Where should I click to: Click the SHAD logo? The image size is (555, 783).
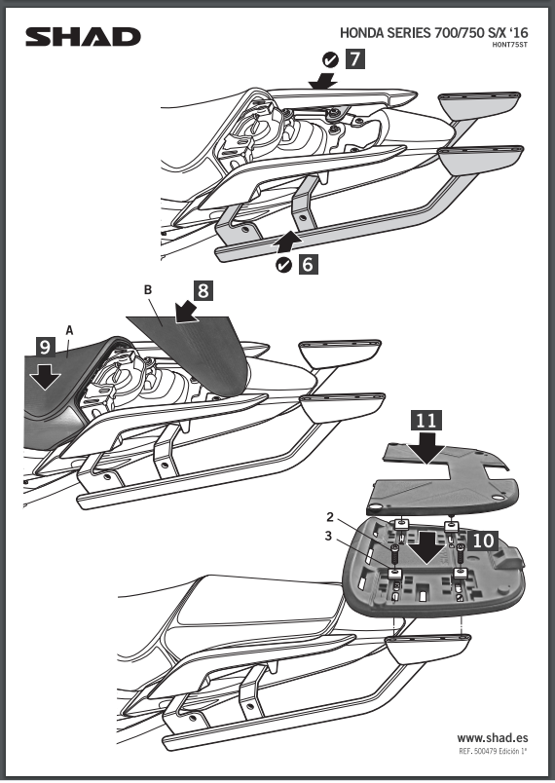83,37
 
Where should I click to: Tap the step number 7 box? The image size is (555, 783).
354,59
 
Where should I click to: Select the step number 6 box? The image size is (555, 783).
308,264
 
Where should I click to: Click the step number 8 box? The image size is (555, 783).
203,290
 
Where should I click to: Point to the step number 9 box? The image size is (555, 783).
46,347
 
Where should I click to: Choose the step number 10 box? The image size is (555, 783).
483,541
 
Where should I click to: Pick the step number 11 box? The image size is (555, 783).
426,421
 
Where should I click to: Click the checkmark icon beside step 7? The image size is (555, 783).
330,60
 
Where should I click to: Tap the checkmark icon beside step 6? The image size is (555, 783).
283,265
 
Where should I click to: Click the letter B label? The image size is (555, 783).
148,290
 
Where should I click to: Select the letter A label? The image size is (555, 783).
69,330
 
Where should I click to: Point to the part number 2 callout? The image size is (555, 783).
330,516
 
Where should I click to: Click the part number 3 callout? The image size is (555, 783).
328,536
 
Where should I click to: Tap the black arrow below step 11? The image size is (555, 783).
426,448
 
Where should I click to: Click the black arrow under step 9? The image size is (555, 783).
45,376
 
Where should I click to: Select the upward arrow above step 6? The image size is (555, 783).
287,240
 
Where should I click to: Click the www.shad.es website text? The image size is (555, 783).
492,738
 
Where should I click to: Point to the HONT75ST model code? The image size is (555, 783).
509,45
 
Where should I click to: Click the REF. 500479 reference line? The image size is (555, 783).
493,751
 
